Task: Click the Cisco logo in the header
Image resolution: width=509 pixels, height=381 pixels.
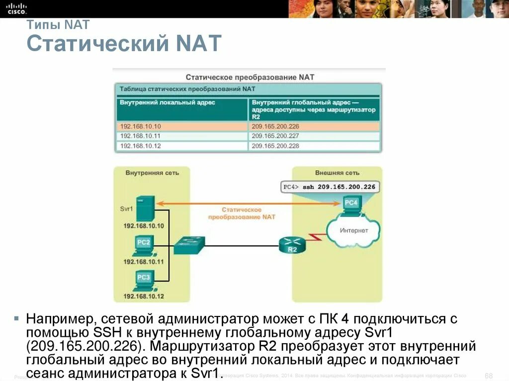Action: [16, 7]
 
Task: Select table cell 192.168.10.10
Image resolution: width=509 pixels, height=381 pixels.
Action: [141, 126]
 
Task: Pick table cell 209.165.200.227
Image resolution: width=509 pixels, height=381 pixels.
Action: [275, 136]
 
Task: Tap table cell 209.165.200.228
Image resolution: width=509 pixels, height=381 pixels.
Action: [275, 146]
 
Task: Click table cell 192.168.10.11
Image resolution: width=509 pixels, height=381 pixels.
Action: [141, 136]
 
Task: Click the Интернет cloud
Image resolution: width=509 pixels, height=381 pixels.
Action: [353, 230]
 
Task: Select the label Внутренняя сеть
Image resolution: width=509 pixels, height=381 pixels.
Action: [152, 173]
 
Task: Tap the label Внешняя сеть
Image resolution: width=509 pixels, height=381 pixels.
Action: [337, 173]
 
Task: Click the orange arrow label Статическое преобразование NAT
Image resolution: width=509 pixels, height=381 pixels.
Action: [241, 214]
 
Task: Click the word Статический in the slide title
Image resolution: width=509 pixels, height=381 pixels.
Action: [97, 44]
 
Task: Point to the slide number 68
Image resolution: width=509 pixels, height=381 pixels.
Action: [488, 375]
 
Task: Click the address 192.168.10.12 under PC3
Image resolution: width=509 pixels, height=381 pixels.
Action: [144, 296]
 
